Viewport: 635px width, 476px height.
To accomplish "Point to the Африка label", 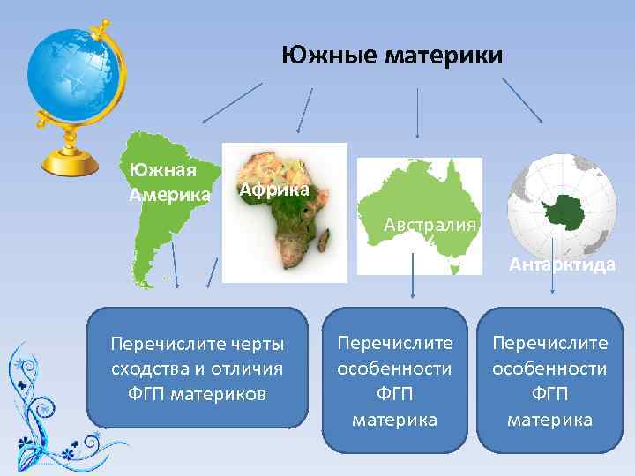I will point(274,190).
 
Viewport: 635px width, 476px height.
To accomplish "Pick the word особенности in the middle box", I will point(394,368).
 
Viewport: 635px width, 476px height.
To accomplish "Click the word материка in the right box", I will point(549,419).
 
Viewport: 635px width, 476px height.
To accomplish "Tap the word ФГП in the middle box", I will point(394,393).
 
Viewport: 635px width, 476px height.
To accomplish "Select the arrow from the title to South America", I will point(232,102).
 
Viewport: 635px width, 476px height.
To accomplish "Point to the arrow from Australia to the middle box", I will point(413,278).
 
